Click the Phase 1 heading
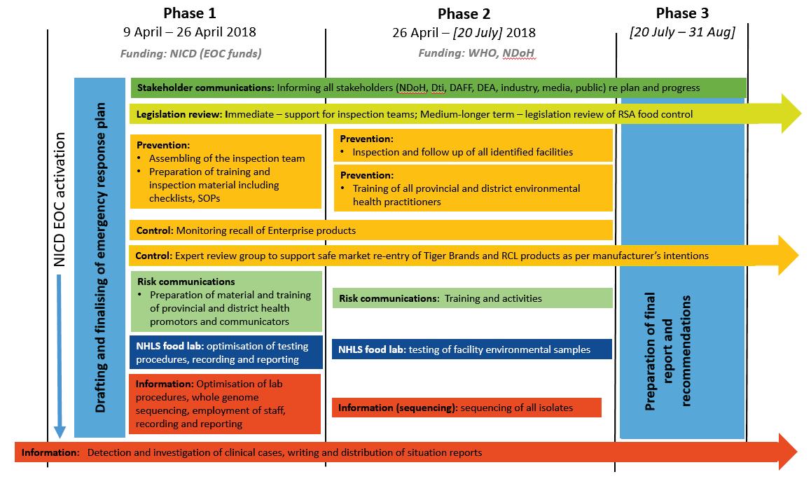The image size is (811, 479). (x=190, y=13)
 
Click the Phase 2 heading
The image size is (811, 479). (x=464, y=13)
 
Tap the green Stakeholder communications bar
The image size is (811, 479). (x=438, y=88)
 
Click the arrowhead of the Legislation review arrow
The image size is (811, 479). (x=791, y=113)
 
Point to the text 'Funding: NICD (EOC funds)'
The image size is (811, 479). (x=190, y=53)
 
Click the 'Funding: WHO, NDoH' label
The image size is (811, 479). (x=477, y=53)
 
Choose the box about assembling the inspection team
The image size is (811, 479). (x=226, y=172)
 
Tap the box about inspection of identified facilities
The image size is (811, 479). (x=473, y=146)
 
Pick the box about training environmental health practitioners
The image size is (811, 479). (x=473, y=188)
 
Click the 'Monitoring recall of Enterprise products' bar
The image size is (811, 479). (x=370, y=230)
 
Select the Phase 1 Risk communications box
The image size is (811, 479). (x=226, y=301)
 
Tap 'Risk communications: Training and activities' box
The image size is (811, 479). (x=472, y=298)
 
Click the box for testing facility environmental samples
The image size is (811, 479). (x=472, y=349)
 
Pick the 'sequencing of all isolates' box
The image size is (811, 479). (x=466, y=408)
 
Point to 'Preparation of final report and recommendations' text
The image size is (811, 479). (x=668, y=351)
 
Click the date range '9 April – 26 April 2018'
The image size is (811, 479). (x=190, y=32)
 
